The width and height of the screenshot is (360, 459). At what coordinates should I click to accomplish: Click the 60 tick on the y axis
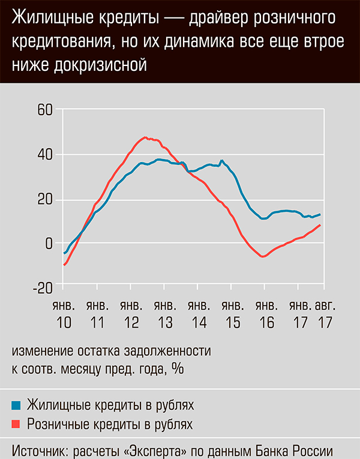click(x=46, y=110)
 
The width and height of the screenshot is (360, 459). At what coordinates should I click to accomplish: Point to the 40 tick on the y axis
click(x=46, y=155)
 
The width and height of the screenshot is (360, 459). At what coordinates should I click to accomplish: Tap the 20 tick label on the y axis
click(x=46, y=200)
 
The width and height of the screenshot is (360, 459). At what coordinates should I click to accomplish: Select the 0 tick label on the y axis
click(x=50, y=244)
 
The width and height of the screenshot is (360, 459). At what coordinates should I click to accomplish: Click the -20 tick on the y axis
click(x=43, y=288)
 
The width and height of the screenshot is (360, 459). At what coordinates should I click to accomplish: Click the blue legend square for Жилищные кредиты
click(x=17, y=404)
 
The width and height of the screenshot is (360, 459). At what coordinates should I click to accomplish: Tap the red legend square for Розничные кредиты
click(x=17, y=425)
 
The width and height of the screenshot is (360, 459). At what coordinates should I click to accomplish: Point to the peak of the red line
click(x=145, y=137)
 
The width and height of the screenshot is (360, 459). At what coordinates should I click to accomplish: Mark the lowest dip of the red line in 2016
click(x=263, y=257)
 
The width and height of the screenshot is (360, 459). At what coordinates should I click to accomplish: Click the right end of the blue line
click(x=320, y=214)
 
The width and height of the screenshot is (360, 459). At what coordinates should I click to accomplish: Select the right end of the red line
click(x=320, y=225)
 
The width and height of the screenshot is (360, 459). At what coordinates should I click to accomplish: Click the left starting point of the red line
click(x=64, y=265)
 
